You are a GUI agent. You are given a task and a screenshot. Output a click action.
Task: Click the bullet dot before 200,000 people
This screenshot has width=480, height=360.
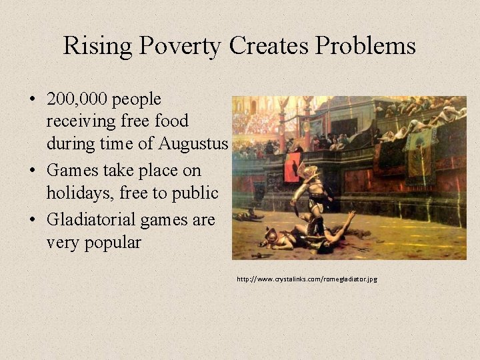point(33,100)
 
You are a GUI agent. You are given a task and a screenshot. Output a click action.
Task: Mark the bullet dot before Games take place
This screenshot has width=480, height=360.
point(33,171)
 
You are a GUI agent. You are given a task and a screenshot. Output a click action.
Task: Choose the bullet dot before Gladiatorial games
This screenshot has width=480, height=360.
point(33,220)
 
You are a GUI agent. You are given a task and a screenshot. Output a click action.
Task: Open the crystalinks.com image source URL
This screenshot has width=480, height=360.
point(307,279)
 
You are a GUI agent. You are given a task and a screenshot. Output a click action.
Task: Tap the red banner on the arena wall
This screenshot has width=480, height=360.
point(292,167)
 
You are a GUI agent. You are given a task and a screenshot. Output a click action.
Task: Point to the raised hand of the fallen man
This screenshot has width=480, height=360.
point(351,215)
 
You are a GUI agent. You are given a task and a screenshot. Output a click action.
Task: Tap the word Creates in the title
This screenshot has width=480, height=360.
point(270,47)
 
